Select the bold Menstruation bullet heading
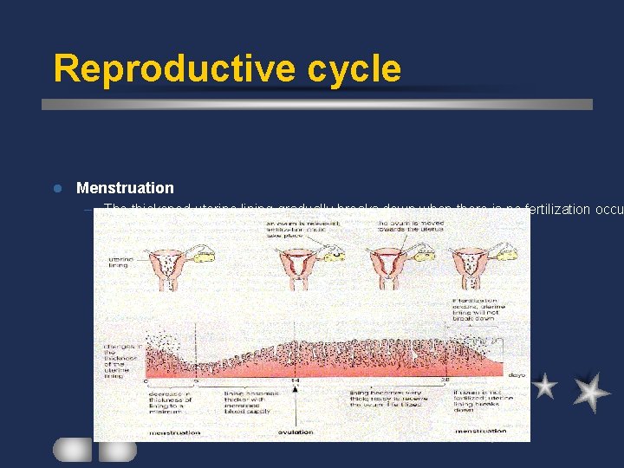point(125,188)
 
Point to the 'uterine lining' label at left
point(120,263)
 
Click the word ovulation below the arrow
point(296,432)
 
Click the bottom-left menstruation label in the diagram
point(175,432)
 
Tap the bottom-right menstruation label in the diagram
point(480,431)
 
